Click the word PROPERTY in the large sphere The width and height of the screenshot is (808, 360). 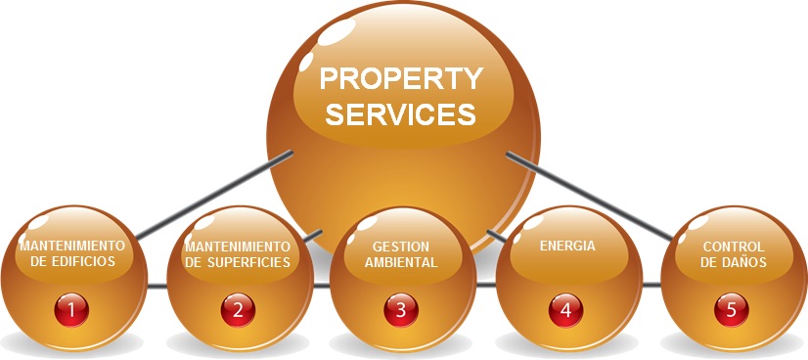(x=402, y=77)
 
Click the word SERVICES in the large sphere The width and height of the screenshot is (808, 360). (x=401, y=113)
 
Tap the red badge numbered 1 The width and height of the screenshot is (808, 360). (x=71, y=310)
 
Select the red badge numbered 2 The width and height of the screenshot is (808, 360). (x=237, y=310)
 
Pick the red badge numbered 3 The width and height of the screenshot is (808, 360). (x=401, y=310)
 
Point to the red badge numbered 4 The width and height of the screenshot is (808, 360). (x=565, y=310)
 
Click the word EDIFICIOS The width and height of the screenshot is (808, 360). (x=85, y=262)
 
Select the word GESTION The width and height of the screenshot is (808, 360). (x=401, y=247)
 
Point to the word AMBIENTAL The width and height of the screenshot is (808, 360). (x=401, y=262)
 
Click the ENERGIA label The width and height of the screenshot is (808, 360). (x=567, y=247)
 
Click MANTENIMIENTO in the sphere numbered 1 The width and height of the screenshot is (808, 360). (x=71, y=246)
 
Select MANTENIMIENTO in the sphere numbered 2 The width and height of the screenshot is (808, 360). (x=238, y=246)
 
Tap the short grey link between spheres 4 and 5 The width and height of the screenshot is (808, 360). (x=651, y=286)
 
